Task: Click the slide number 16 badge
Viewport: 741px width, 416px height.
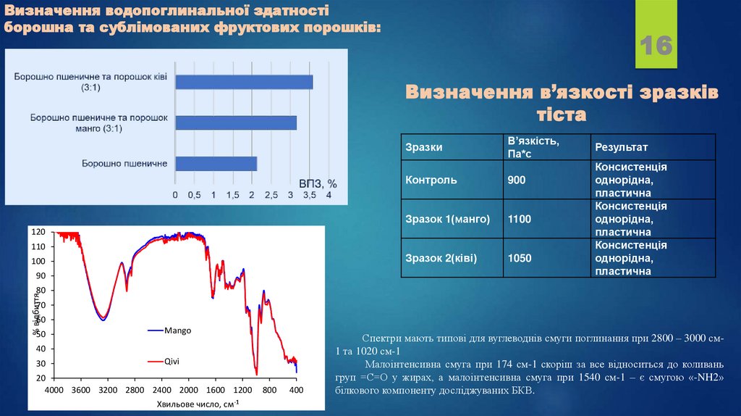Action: (x=656, y=46)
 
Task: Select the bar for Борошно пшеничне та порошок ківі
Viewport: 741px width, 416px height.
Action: (x=244, y=81)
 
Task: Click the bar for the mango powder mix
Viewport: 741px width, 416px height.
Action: (x=236, y=122)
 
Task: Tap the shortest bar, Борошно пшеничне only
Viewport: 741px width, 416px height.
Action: (x=216, y=164)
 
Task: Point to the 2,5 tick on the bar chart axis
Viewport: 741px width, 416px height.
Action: (x=271, y=196)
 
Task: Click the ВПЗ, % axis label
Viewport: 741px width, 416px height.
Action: (x=318, y=183)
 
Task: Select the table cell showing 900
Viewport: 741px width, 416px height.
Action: (x=517, y=180)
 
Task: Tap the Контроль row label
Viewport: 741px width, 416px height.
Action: (x=431, y=180)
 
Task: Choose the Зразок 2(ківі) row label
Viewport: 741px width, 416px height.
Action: (x=441, y=258)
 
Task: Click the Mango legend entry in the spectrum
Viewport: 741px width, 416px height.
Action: (x=177, y=330)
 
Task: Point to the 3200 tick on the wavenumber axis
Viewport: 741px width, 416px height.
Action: (x=108, y=390)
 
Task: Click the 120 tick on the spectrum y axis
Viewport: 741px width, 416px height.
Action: (x=38, y=232)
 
